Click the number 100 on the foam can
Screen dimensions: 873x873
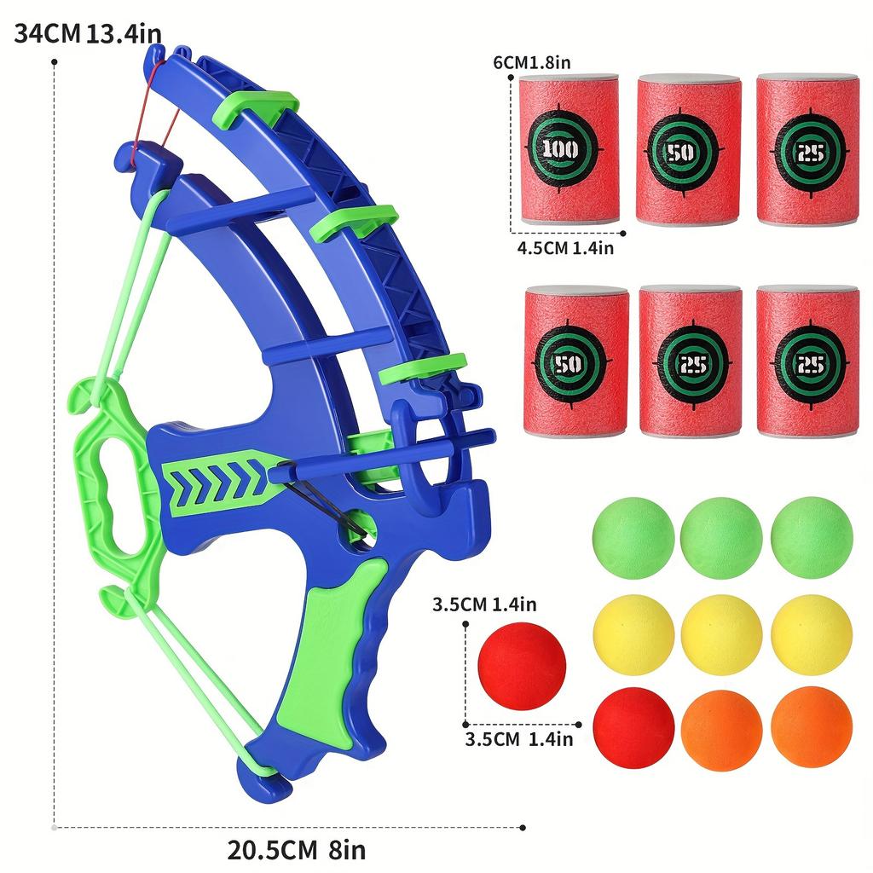coord(560,150)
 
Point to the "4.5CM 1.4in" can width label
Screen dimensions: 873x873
coord(565,248)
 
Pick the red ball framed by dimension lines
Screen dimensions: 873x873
coord(523,666)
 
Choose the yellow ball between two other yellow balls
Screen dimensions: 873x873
coord(721,635)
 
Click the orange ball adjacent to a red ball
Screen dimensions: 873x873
coord(721,727)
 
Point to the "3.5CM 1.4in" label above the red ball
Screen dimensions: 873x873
coord(483,605)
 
